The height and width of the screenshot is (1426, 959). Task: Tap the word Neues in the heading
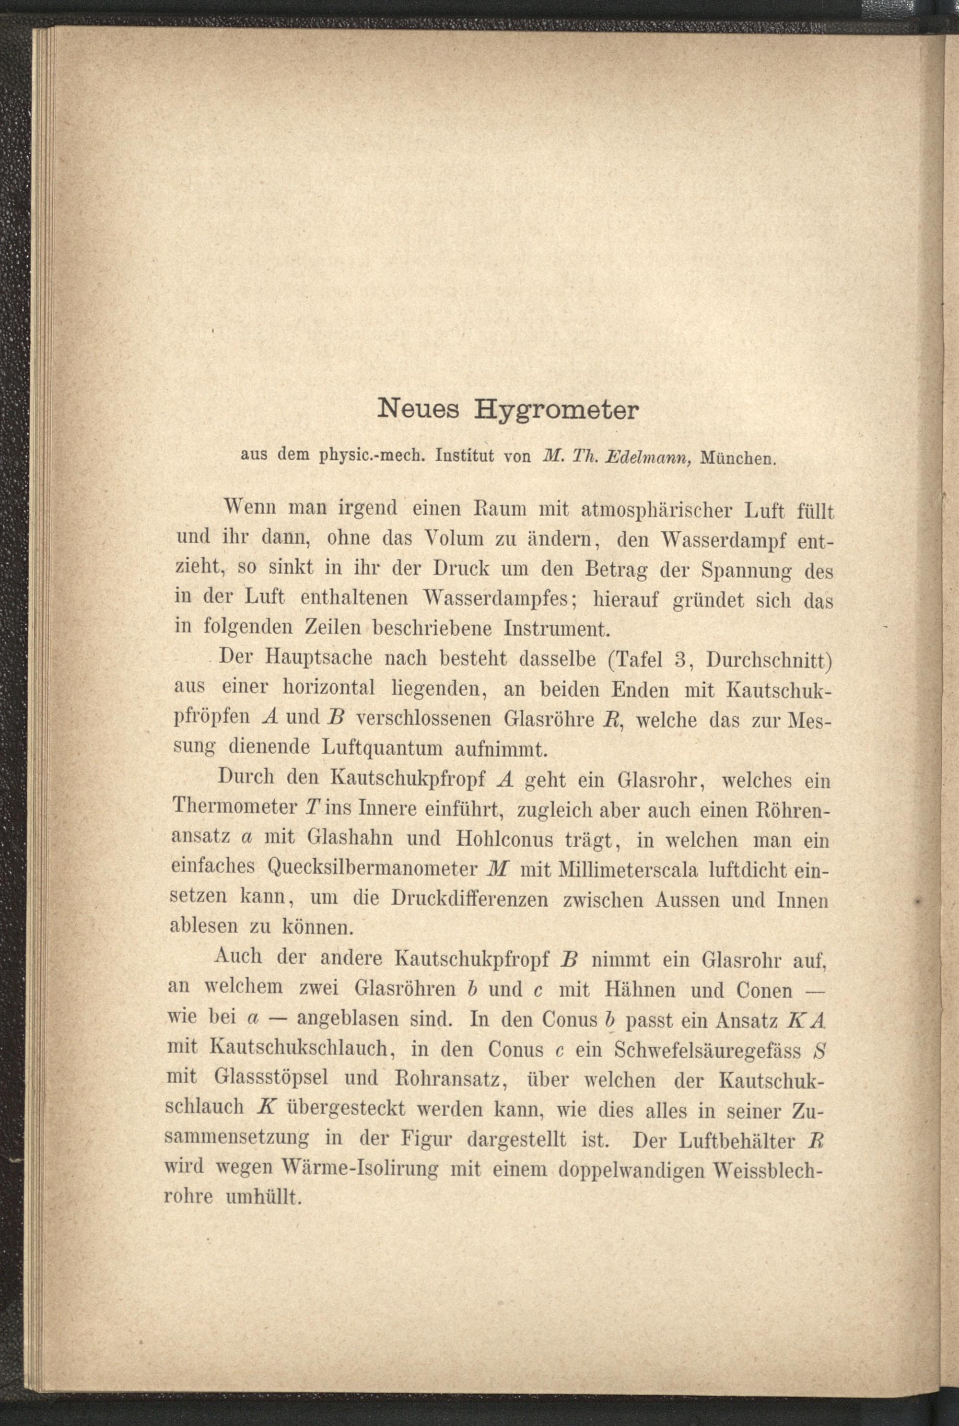click(x=417, y=409)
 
